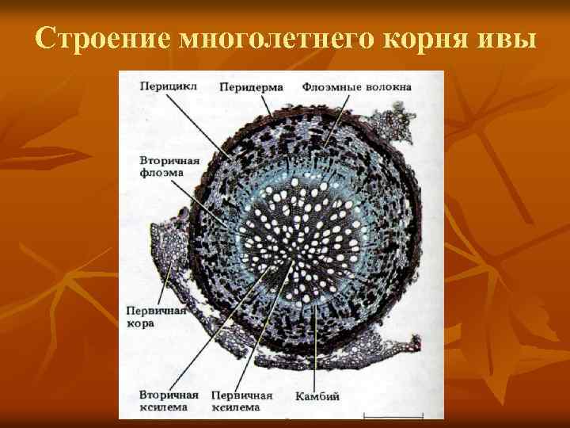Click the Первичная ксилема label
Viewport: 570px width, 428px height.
pyautogui.click(x=241, y=401)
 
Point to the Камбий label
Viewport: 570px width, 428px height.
pyautogui.click(x=317, y=396)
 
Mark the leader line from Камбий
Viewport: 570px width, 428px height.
pyautogui.click(x=317, y=349)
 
